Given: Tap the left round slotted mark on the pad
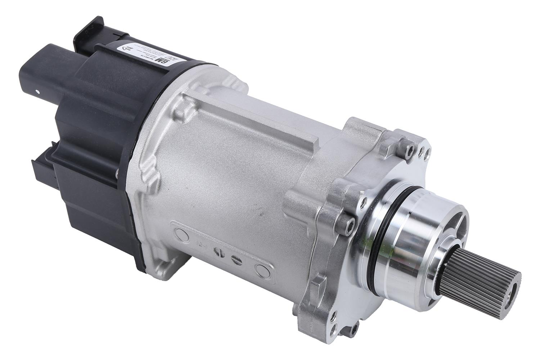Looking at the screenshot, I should click(217, 252).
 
